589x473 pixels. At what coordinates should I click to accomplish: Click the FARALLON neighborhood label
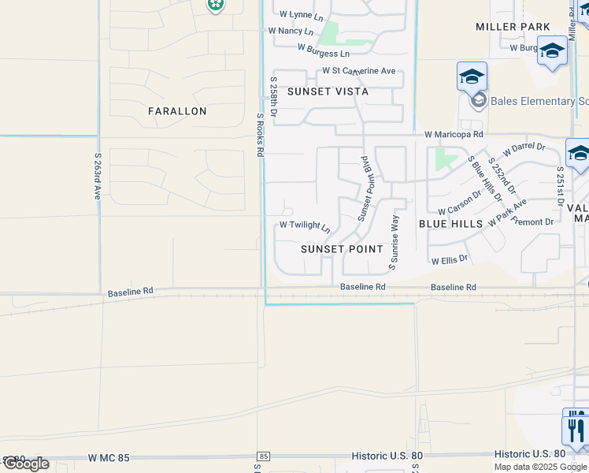coord(177,111)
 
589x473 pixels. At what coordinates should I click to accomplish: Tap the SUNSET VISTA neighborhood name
coord(328,91)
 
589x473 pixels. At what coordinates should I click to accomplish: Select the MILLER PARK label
coord(513,27)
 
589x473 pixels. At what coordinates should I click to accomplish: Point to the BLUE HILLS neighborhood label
coord(450,224)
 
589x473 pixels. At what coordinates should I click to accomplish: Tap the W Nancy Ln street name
coord(291,32)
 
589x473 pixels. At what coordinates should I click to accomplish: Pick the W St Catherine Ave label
coord(358,71)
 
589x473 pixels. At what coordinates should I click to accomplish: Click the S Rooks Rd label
coord(259,134)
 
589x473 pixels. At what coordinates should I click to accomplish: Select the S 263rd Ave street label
coord(98,176)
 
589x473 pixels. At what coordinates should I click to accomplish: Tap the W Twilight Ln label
coord(305,226)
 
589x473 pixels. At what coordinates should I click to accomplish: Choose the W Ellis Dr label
coord(450,259)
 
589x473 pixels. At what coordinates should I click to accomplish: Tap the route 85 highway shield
coord(263,456)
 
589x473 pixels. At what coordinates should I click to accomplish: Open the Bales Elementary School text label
coord(539,101)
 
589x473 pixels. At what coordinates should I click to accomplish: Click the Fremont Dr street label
coord(532,222)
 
